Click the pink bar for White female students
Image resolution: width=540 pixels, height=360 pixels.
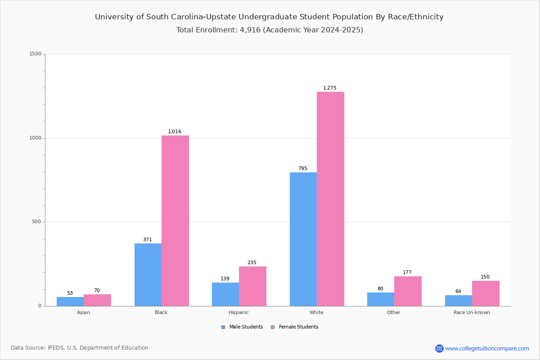coord(330,199)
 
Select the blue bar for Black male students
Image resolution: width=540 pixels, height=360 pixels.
coord(148,275)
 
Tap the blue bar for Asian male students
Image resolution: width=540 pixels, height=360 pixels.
coord(70,301)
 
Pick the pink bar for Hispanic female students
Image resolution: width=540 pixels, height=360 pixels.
coord(252,286)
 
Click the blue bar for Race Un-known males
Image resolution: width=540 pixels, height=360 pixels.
coord(459,301)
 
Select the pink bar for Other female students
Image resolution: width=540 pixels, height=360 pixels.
coord(408,291)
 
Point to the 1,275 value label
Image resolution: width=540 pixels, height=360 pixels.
coord(329,88)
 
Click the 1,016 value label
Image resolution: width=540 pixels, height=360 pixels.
coord(174,132)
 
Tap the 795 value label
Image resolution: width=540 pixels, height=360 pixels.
coord(303,169)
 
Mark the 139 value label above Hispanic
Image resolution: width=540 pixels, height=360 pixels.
coord(225,279)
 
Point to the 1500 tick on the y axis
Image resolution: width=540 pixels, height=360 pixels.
coord(36,54)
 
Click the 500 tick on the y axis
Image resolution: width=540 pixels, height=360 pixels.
coord(36,222)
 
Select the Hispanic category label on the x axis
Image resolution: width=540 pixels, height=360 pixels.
coord(238,312)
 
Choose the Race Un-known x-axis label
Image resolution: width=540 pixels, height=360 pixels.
coord(472,312)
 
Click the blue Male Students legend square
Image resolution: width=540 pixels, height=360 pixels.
coord(223,327)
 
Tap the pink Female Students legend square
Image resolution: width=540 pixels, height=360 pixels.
coord(273,327)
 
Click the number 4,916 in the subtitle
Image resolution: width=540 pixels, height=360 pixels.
coord(250,30)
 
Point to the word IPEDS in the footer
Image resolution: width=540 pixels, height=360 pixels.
coord(56,348)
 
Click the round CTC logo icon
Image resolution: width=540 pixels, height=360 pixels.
coord(439,348)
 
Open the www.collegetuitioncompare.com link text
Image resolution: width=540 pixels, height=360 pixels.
coord(487,349)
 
